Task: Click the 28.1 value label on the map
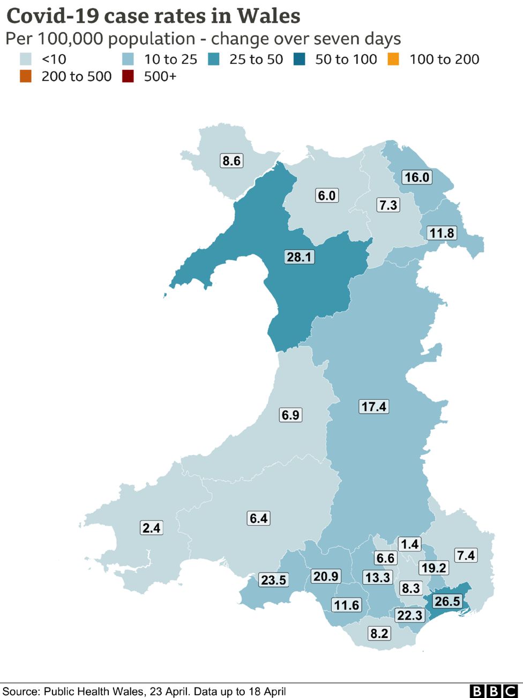(x=299, y=257)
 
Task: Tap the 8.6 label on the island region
(x=231, y=160)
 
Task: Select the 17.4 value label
(x=373, y=407)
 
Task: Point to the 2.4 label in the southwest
(x=151, y=528)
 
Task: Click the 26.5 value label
(x=447, y=601)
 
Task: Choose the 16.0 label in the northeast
(x=416, y=177)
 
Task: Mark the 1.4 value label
(x=409, y=544)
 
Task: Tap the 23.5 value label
(x=273, y=580)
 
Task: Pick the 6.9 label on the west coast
(x=290, y=415)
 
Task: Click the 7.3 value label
(x=388, y=205)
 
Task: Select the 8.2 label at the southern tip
(x=379, y=634)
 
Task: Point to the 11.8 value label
(x=442, y=233)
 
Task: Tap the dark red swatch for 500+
(x=128, y=76)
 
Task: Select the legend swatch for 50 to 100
(x=299, y=59)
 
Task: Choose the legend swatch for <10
(x=25, y=59)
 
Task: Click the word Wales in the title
(x=268, y=16)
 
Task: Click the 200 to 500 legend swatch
(x=25, y=76)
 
